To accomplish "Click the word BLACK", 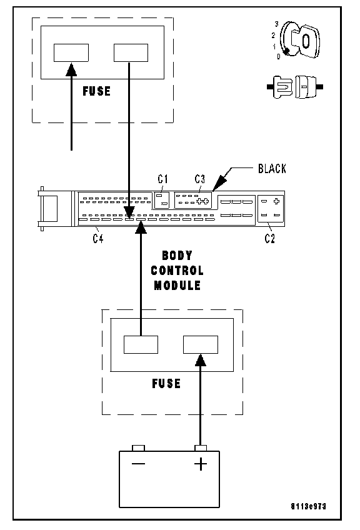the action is click(x=272, y=168).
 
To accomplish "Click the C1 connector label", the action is click(x=163, y=179).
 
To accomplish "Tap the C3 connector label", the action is click(x=200, y=179).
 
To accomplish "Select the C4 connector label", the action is click(x=98, y=238).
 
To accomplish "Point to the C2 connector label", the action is click(x=270, y=238).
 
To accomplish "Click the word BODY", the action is click(x=177, y=255).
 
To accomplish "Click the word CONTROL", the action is click(x=177, y=271).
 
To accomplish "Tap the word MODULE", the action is click(x=177, y=285).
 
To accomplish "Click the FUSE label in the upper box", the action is click(x=97, y=91).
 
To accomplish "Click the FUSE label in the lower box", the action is click(x=166, y=383).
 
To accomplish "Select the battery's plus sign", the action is click(x=201, y=464).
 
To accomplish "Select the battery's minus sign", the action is click(x=138, y=463).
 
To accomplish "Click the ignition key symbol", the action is click(x=299, y=40).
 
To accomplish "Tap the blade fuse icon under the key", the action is click(x=295, y=87).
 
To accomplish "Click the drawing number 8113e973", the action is click(x=308, y=506).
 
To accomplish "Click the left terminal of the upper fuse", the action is click(x=71, y=52).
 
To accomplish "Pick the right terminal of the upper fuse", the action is click(x=131, y=52).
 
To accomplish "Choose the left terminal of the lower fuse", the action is click(x=141, y=344).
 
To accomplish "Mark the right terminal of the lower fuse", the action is click(x=201, y=344).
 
